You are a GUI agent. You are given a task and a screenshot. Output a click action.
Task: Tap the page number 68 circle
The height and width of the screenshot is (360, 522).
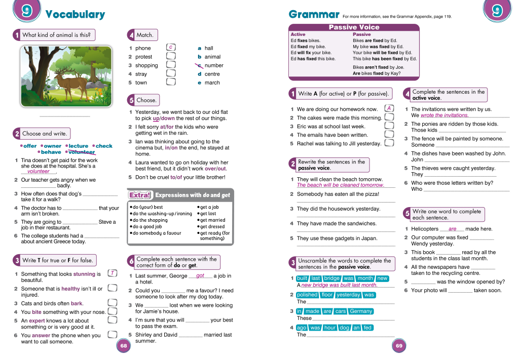(124, 346)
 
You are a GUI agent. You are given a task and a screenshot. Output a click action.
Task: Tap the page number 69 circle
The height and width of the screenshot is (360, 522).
(399, 346)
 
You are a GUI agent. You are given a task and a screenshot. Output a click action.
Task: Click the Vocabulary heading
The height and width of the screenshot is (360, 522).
(75, 15)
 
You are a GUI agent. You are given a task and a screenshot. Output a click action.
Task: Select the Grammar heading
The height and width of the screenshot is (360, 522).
(314, 14)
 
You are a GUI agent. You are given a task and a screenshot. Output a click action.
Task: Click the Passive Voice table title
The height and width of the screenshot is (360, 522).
(354, 27)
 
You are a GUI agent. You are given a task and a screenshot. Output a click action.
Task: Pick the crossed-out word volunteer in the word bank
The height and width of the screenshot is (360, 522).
(82, 152)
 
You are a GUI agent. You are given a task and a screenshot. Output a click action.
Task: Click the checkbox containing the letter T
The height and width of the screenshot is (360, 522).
(113, 273)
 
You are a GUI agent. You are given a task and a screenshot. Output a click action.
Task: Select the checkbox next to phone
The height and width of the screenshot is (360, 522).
(171, 48)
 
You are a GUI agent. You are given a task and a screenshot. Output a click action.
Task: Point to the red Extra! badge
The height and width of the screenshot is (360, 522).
(140, 195)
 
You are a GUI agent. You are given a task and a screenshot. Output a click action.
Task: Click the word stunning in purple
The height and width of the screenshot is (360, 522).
(84, 274)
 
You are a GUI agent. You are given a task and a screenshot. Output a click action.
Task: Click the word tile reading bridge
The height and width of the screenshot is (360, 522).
(332, 278)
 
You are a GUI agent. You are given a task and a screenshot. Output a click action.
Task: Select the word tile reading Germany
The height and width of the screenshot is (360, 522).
(361, 311)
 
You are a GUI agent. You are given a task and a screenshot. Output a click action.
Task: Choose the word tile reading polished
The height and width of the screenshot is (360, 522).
(307, 295)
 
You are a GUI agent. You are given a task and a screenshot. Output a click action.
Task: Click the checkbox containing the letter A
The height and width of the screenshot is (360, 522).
(389, 108)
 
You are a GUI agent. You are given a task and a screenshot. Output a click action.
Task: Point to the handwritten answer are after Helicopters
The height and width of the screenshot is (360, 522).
(453, 228)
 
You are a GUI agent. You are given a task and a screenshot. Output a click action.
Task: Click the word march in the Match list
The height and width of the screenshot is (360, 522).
(212, 83)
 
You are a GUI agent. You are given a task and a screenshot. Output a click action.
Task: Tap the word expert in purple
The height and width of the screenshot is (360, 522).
(37, 321)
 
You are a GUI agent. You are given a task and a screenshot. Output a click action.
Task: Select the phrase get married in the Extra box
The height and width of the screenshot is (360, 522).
(212, 220)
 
